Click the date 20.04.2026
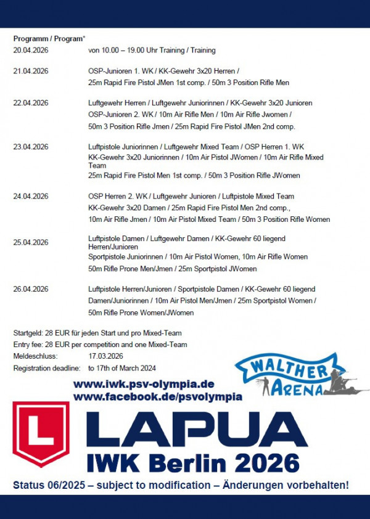[x=31, y=50]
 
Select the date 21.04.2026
[x=31, y=71]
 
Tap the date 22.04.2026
[x=31, y=103]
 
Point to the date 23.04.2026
[x=31, y=147]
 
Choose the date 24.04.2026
[x=31, y=197]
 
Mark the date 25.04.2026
[x=31, y=242]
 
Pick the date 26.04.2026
[x=31, y=289]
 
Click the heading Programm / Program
[x=49, y=38]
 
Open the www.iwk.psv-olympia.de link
[x=143, y=384]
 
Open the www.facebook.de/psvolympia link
[x=157, y=397]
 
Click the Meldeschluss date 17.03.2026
[x=105, y=356]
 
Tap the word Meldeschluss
[x=35, y=356]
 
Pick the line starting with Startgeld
[x=97, y=333]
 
